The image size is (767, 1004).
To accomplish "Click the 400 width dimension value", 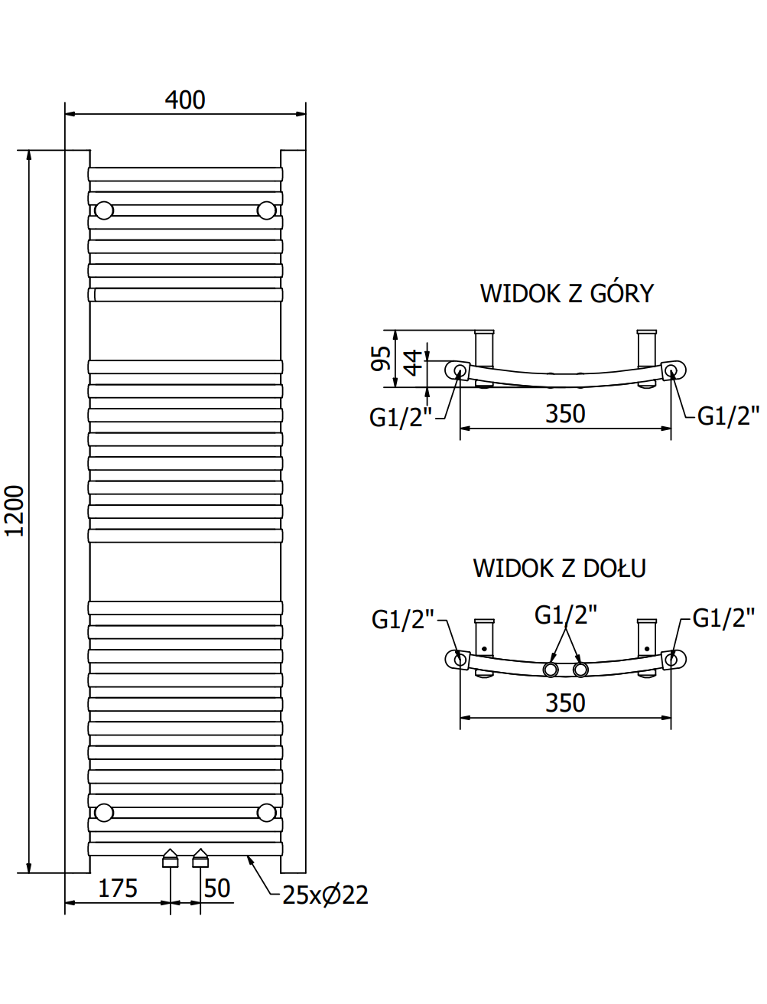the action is point(185,99).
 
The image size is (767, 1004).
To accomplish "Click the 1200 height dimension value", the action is point(15,511).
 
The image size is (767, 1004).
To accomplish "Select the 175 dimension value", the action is point(118,888).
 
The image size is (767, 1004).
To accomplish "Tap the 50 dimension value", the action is point(217,888).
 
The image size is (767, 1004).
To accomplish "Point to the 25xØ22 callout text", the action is point(326,895).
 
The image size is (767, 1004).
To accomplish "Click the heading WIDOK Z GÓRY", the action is point(567,293).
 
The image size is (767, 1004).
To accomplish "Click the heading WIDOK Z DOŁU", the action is point(560,569).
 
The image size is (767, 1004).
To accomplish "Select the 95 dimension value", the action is point(381,358).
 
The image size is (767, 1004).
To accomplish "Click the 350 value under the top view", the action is point(565,413).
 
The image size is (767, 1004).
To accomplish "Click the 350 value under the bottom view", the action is point(565,702).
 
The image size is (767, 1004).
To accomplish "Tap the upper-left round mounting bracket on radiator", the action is point(104,210).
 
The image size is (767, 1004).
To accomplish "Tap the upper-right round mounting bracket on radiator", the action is point(266,210).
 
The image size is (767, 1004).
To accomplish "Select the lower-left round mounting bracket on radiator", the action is point(104,813).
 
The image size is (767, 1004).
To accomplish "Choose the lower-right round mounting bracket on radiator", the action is point(266,813).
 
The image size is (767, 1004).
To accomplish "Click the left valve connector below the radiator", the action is point(171,858).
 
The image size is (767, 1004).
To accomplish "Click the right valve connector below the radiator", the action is point(200,858).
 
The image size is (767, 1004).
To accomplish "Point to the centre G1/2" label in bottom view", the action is point(566,615).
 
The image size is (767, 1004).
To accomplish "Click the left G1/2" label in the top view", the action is point(401,417).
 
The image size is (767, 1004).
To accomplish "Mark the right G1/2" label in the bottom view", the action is point(724,618).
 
